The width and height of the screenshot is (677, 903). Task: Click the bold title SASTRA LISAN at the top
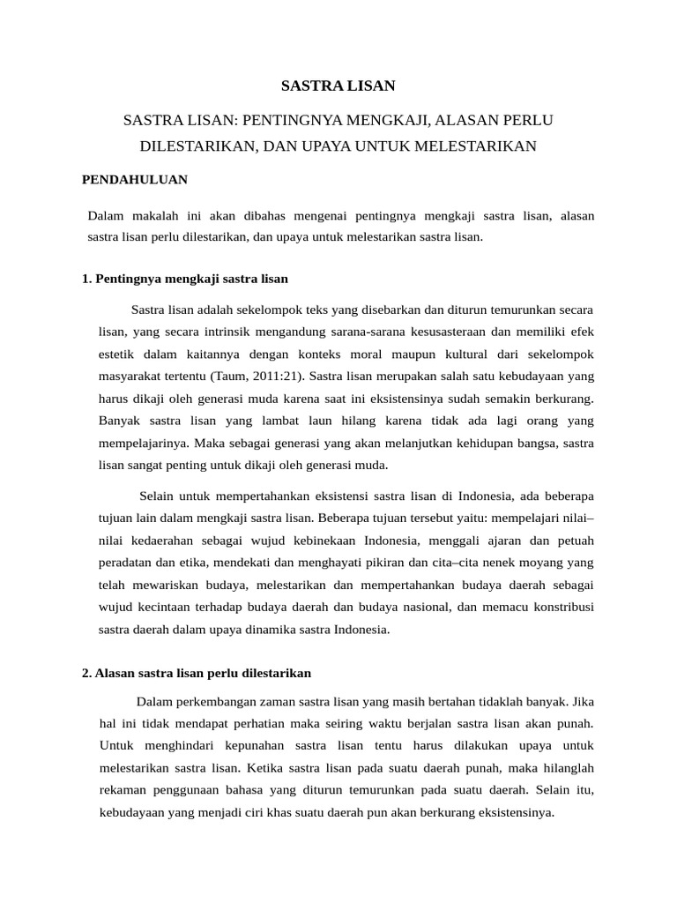338,86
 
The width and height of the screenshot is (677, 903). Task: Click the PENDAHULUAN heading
135,179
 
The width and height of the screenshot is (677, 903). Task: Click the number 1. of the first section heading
86,279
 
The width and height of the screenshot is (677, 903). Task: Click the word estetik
116,354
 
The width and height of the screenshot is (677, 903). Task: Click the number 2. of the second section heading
86,673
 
